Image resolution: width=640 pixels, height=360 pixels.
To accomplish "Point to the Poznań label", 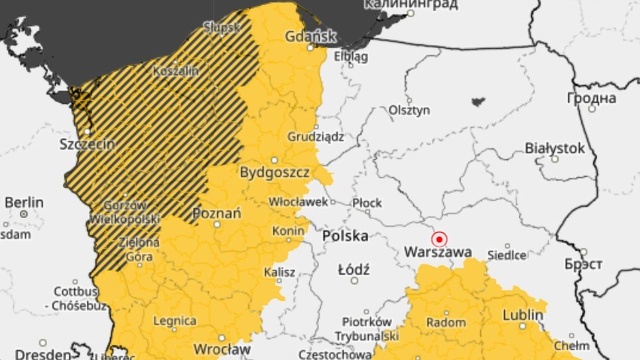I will pyautogui.click(x=215, y=214).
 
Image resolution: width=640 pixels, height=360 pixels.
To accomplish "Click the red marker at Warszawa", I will pyautogui.click(x=438, y=238).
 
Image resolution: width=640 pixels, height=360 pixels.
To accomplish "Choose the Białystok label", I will pyautogui.click(x=554, y=147).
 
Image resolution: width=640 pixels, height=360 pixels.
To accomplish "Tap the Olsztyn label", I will pyautogui.click(x=409, y=110).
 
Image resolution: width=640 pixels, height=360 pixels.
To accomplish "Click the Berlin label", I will pyautogui.click(x=23, y=201).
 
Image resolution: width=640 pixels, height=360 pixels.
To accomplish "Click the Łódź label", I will pyautogui.click(x=354, y=270).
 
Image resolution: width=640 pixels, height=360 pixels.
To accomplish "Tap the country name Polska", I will pyautogui.click(x=345, y=236).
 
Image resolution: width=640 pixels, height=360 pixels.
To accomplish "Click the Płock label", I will pyautogui.click(x=367, y=202).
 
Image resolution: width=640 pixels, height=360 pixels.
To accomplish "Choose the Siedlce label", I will pyautogui.click(x=507, y=255).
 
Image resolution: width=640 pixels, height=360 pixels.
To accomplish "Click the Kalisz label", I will pyautogui.click(x=280, y=272).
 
